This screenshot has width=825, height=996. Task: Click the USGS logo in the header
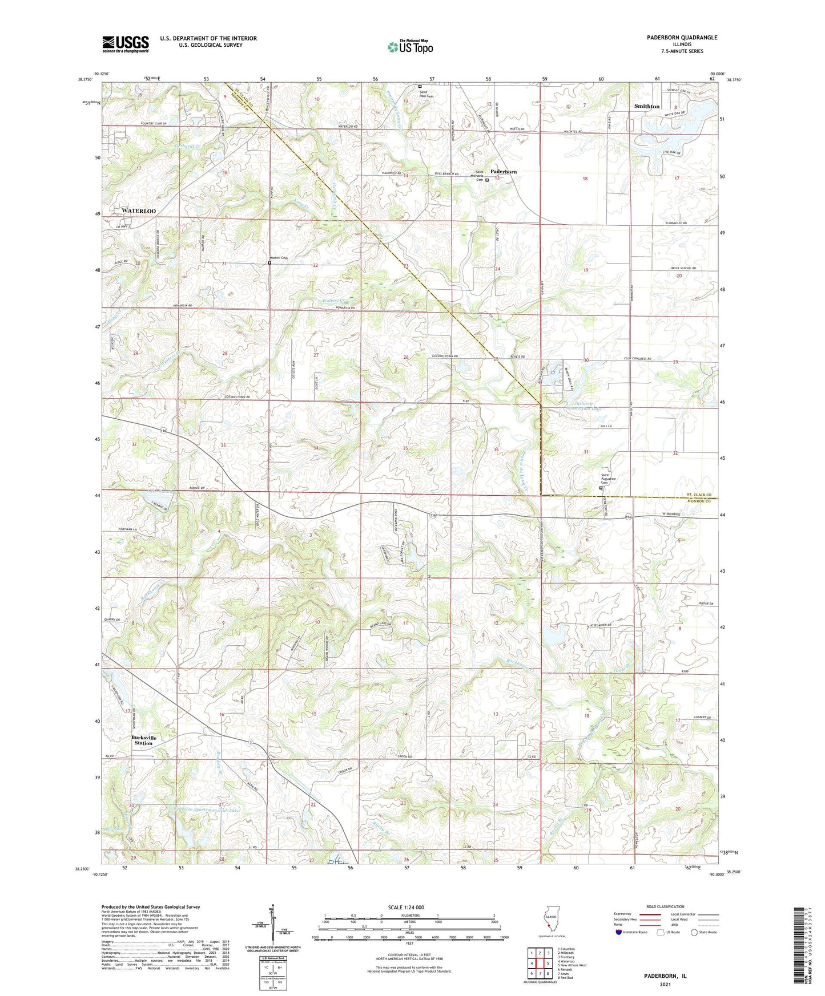[x=126, y=44]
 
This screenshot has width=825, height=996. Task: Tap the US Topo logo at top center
[x=409, y=47]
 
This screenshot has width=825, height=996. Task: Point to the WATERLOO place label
[x=139, y=211]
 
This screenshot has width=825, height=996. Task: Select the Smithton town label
[x=647, y=107]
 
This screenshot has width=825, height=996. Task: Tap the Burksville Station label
[x=143, y=740]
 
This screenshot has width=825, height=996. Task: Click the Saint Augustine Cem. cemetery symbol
[x=601, y=488]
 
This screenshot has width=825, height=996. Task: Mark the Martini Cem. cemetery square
[x=269, y=263]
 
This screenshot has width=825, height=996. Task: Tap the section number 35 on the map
[x=405, y=448]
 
